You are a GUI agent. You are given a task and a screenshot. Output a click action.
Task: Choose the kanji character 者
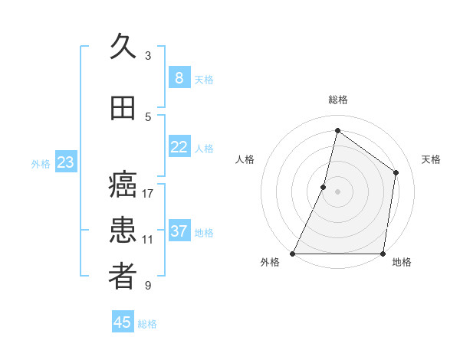tap(123, 277)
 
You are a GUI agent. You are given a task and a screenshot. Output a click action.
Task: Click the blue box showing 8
tap(179, 77)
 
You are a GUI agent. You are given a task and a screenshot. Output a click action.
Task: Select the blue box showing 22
tap(179, 147)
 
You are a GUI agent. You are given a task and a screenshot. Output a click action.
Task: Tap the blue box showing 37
tap(179, 231)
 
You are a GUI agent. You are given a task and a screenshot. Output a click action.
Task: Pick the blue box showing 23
tap(65, 162)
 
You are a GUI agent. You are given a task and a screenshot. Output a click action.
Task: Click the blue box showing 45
tap(123, 322)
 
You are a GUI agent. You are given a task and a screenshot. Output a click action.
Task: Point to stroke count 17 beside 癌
tap(148, 193)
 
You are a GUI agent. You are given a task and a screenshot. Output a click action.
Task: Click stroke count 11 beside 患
tap(148, 239)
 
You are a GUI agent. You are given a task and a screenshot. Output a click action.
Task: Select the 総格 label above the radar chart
tap(337, 100)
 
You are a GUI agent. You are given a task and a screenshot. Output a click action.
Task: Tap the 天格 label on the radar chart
tap(431, 159)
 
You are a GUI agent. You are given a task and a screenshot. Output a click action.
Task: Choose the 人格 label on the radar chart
tap(245, 159)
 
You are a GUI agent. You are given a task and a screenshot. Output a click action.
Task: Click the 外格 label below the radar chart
tap(270, 263)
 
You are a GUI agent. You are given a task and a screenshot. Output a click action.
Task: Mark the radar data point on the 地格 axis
tap(383, 254)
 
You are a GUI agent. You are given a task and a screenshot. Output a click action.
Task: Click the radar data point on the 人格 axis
tap(324, 187)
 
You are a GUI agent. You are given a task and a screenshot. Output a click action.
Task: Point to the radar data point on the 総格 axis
tap(337, 131)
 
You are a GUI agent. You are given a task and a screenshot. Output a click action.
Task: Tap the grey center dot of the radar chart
tap(337, 191)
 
